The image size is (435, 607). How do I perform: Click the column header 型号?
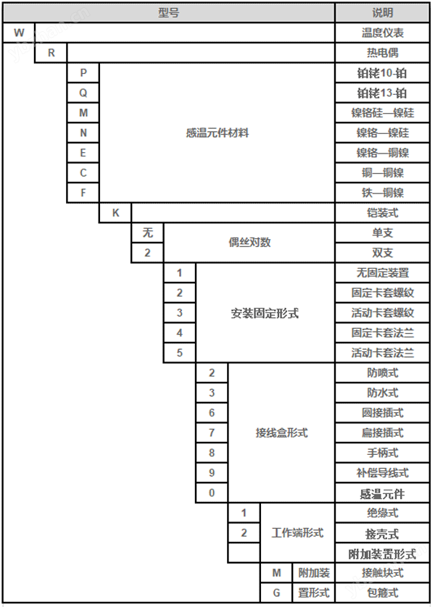168,13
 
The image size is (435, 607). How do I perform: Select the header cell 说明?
382,13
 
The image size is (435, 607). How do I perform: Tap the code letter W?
19,33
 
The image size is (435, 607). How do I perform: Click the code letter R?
51,53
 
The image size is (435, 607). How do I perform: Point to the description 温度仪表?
382,33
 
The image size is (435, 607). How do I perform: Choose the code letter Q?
83,93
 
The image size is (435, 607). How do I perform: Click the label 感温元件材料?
217,133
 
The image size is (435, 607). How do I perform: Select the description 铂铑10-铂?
382,73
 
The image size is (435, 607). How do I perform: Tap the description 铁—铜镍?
382,193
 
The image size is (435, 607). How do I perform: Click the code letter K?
115,213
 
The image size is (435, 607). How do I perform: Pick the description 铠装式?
382,213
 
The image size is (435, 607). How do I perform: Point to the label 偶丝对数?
249,243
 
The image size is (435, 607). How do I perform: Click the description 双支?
382,253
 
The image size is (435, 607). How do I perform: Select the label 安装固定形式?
265,313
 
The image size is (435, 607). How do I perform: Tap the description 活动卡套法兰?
382,353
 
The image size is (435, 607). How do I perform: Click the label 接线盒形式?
281,432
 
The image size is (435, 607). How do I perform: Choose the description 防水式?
382,393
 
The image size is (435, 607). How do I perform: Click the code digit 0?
212,493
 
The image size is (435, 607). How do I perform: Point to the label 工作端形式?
297,532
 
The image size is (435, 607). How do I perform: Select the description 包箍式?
382,593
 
